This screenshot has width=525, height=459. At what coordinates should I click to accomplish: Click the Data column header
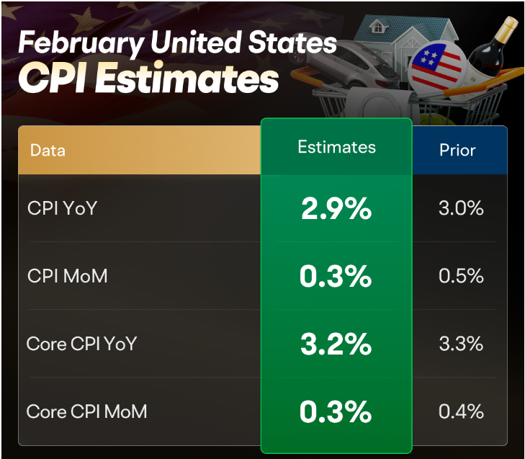[x=48, y=151]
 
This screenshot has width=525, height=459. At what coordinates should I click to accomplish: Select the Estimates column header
[x=336, y=147]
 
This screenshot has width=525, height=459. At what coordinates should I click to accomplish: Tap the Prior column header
[x=457, y=151]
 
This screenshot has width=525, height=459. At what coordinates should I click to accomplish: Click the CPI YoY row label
[x=62, y=208]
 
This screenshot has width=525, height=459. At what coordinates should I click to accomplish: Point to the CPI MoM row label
[x=67, y=276]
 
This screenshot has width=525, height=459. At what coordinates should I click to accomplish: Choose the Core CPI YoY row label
[x=81, y=344]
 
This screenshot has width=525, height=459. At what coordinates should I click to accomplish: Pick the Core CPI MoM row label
[x=86, y=411]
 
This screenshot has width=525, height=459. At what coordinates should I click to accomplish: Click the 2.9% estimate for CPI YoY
[x=336, y=209]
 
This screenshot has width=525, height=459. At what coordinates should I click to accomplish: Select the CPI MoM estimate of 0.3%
[x=336, y=277]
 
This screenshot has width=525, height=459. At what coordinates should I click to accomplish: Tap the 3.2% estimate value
[x=336, y=344]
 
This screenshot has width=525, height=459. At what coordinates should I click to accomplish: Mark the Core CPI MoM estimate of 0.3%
[x=336, y=412]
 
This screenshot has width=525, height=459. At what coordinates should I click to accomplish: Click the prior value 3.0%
[x=460, y=209]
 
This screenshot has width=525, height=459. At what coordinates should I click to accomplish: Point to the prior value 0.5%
[x=460, y=277]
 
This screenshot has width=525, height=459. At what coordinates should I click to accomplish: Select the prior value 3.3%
[x=460, y=344]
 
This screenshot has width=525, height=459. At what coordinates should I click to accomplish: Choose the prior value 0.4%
[x=460, y=412]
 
